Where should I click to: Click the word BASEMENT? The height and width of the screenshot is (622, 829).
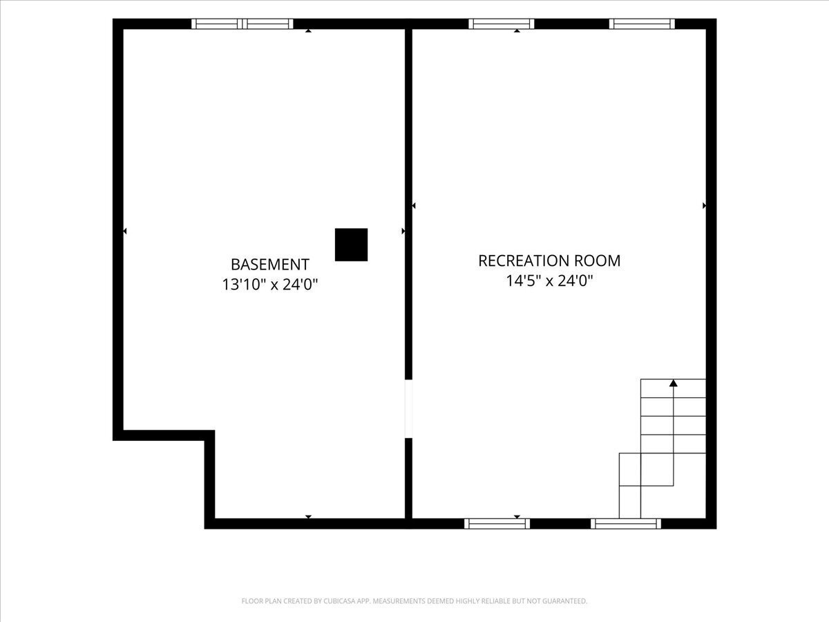(270, 265)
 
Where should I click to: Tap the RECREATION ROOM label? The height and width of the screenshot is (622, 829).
(549, 261)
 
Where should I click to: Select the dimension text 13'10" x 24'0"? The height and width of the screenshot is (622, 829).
(270, 284)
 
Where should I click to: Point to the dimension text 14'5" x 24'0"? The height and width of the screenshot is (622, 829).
(549, 281)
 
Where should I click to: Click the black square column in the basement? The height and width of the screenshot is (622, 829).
(351, 245)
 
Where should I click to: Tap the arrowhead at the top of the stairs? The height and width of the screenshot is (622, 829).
(674, 383)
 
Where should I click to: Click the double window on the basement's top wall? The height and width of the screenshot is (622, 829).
(242, 23)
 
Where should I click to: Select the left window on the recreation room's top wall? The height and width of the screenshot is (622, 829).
(502, 23)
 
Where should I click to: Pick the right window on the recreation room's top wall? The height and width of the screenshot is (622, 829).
(642, 23)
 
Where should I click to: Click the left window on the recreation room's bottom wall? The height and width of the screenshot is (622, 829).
(497, 523)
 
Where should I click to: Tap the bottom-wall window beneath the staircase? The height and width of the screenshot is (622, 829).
(626, 523)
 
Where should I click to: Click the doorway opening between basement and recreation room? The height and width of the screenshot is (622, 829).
(408, 408)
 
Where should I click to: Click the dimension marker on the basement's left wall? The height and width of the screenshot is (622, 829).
(124, 231)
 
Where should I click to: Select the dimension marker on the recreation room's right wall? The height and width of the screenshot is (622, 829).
(704, 205)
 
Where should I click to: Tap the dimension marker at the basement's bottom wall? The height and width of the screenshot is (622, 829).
(308, 517)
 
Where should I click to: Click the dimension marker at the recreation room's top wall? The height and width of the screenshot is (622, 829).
(517, 30)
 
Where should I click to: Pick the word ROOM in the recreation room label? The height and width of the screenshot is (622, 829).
(597, 261)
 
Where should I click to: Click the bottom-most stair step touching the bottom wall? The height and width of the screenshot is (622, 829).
(629, 502)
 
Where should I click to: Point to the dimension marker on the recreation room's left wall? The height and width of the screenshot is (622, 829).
(414, 205)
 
